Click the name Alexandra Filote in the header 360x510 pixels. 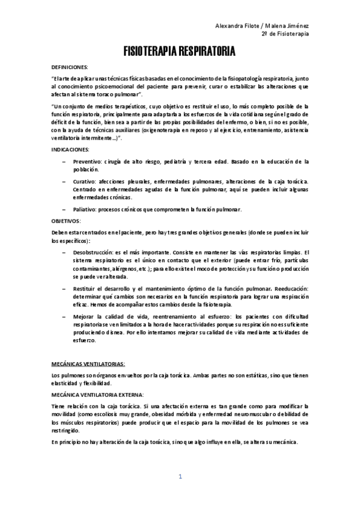(x=238, y=25)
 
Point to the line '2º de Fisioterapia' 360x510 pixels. (x=285, y=34)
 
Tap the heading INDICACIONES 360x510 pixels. (x=70, y=149)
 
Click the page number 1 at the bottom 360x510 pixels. (x=180, y=478)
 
